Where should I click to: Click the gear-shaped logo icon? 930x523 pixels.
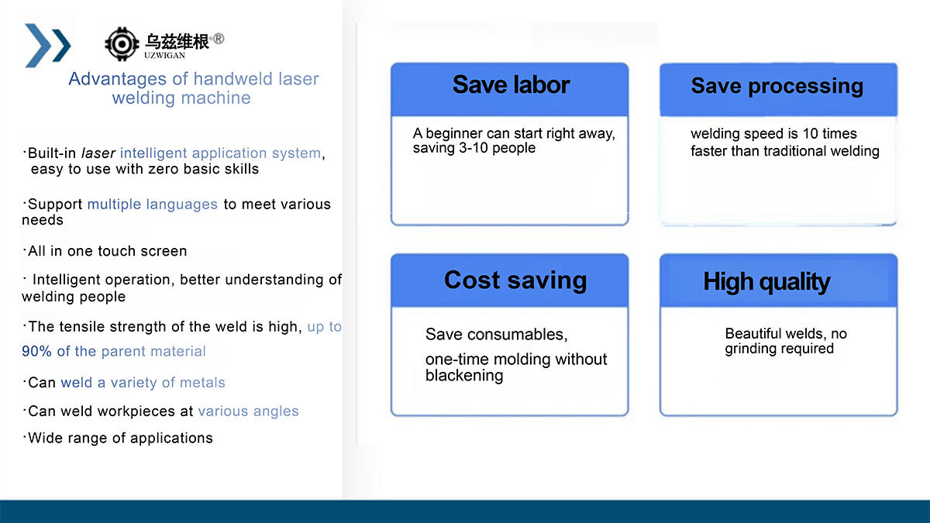point(122,44)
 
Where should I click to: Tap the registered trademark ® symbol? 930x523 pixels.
point(218,39)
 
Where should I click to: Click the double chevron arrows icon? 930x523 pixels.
point(48,45)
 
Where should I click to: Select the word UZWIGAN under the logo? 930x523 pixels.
point(164,56)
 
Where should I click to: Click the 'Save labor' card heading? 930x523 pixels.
point(511,84)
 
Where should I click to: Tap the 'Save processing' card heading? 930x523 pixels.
point(777,86)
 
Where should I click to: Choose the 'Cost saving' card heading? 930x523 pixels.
point(515,280)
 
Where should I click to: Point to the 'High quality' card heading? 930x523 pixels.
point(766,282)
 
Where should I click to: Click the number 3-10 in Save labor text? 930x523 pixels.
point(474,148)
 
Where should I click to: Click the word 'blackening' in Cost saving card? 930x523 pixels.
point(464,375)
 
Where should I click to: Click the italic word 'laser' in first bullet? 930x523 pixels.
point(98,153)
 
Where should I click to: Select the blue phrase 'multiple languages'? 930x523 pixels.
point(153,205)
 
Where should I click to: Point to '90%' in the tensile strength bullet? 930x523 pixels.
point(36,351)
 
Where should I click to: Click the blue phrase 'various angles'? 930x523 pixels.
point(248,411)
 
